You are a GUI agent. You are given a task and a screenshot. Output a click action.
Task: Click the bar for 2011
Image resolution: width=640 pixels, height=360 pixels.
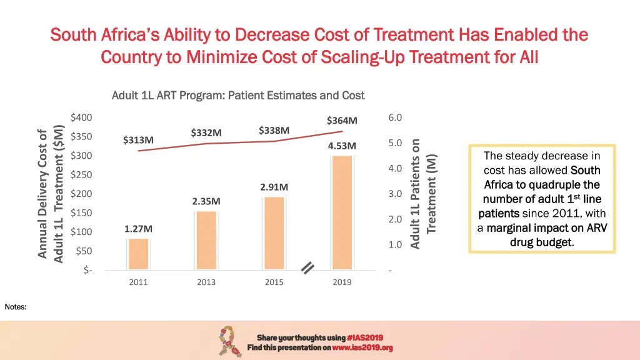138,254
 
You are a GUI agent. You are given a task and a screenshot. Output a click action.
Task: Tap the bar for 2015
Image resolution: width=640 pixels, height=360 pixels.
274,233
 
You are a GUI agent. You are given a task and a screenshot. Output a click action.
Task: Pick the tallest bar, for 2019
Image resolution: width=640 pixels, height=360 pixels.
342,212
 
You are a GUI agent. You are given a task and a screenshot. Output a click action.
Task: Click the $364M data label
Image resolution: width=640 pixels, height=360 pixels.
342,121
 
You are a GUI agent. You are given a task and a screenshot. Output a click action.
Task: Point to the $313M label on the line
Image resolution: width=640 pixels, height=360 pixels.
138,140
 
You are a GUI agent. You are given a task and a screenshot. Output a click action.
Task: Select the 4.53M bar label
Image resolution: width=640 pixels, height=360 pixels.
342,146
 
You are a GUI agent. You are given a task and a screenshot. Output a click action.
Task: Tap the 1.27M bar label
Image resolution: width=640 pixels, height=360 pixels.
138,229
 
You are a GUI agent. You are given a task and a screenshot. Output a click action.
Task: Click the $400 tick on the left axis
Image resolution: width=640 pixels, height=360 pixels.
81,117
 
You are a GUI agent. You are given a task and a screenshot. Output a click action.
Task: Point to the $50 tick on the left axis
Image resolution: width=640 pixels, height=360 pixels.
83,251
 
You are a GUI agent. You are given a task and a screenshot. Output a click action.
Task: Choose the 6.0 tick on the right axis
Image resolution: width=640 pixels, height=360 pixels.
395,117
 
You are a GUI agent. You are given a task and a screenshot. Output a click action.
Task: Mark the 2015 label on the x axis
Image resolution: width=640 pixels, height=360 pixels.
274,282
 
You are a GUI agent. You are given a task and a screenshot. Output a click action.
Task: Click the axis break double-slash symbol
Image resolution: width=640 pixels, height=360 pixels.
307,268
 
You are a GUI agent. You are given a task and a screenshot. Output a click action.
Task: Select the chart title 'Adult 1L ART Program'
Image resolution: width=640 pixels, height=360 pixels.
237,96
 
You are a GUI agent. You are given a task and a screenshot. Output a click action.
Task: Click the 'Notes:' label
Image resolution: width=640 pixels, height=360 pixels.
16,307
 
